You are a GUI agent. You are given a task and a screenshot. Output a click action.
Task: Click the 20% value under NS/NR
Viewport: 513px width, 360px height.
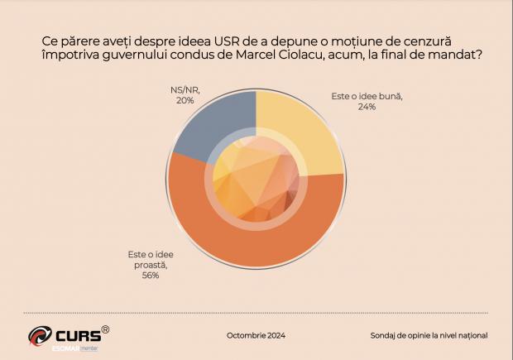coord(185,100)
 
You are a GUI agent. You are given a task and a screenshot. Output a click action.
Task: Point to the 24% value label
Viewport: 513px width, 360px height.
coord(367,107)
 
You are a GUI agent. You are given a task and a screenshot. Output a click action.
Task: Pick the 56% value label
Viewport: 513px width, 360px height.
coord(150,276)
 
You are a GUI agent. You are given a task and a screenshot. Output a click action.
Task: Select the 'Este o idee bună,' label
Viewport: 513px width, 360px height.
coord(367,96)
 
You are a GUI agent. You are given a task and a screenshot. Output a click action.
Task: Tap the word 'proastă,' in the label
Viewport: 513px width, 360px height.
coord(148,265)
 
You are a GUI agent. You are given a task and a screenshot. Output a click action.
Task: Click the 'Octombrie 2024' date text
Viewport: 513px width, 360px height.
coord(255,335)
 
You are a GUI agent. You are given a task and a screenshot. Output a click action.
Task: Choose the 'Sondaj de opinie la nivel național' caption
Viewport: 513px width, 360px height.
coord(429,335)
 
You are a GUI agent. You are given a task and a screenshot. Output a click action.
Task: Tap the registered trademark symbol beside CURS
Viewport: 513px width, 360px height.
coord(105,329)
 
